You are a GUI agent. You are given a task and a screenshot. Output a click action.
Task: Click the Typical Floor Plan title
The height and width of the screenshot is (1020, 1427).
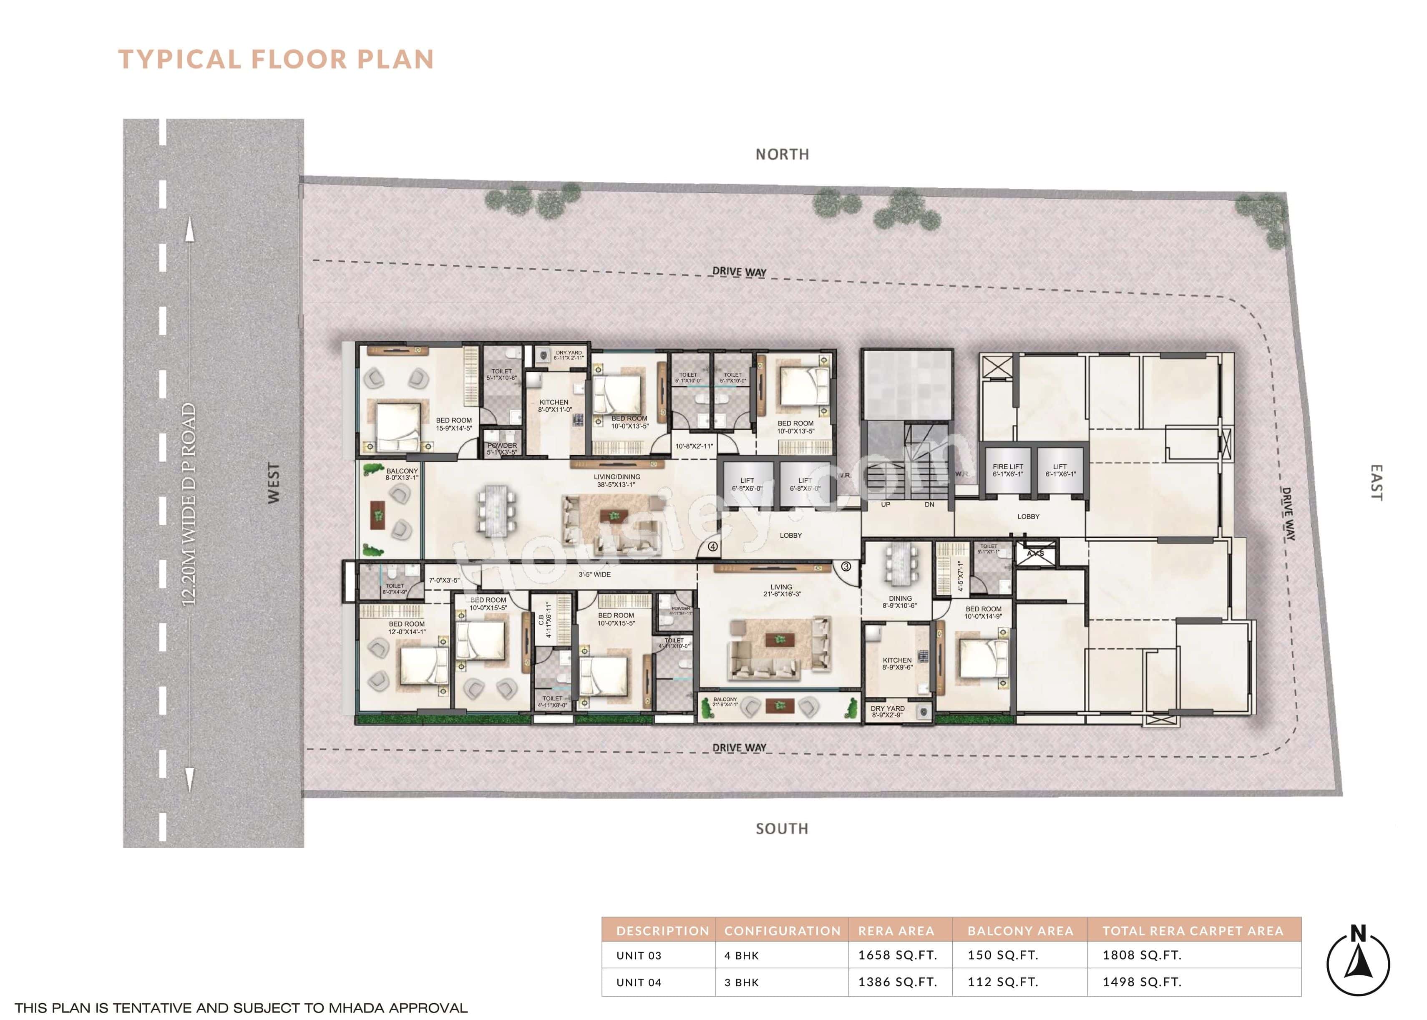click(x=277, y=59)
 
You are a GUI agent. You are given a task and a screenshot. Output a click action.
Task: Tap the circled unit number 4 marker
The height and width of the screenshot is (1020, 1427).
click(x=712, y=547)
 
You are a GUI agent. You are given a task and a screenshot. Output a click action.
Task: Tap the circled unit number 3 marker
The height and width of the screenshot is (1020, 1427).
click(x=846, y=567)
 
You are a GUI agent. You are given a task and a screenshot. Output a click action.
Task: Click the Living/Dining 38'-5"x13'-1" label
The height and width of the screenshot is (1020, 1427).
click(x=617, y=481)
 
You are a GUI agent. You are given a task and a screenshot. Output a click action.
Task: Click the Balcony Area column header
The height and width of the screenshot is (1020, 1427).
click(x=1020, y=931)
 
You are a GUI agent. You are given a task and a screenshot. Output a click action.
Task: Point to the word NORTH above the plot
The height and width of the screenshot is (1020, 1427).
click(x=782, y=154)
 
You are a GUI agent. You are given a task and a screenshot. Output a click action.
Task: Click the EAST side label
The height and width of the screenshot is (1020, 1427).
click(x=1376, y=482)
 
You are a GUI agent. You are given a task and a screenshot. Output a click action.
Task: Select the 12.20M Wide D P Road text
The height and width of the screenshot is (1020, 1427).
click(x=189, y=504)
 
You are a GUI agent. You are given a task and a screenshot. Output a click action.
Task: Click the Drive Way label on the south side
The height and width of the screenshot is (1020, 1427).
click(x=739, y=748)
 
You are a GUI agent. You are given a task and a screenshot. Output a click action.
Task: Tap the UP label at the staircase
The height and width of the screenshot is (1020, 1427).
click(x=886, y=504)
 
